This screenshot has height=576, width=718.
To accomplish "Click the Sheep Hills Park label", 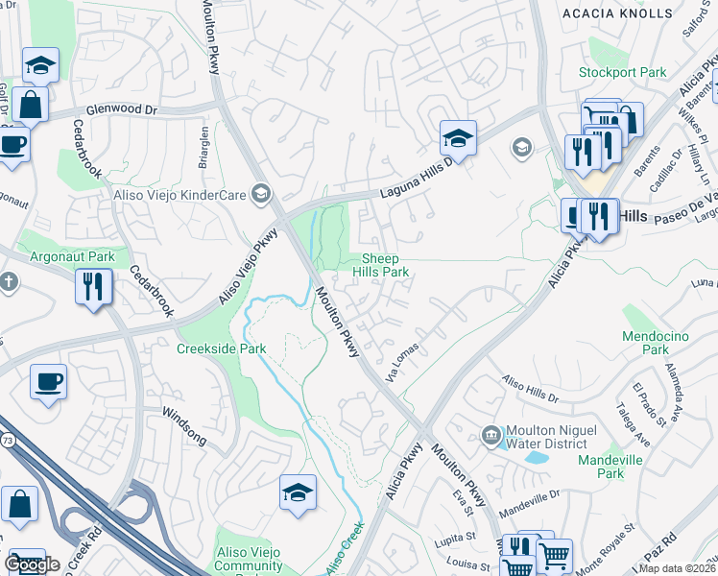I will (386, 265).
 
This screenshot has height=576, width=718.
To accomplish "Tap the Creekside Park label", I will (222, 348).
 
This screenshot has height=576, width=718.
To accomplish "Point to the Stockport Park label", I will (622, 72).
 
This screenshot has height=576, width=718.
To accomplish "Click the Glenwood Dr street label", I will (121, 110).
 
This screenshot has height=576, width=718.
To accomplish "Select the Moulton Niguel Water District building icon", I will (491, 435).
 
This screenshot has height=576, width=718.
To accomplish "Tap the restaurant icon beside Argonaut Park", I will (93, 287).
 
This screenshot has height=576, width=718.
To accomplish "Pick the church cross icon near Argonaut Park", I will (8, 282).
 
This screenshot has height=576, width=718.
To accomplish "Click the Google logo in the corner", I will (32, 564).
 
